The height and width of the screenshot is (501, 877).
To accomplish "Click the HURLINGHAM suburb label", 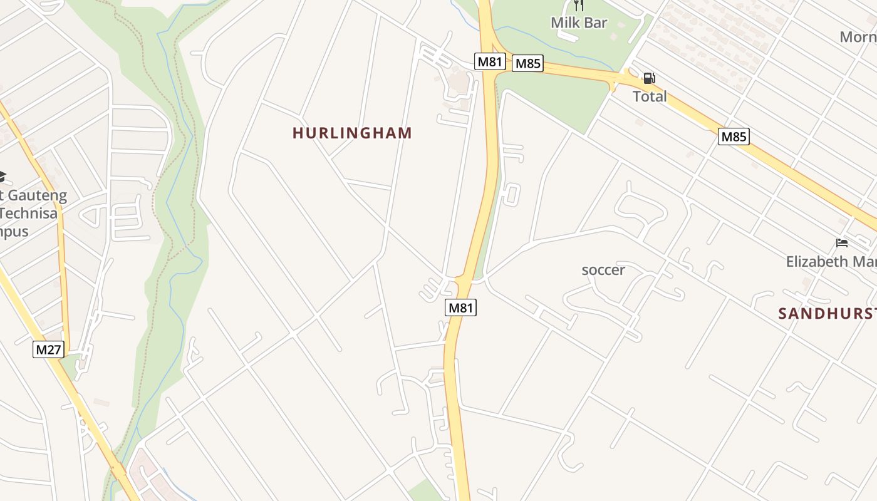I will (x=352, y=133).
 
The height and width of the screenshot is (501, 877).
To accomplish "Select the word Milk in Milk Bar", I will (x=564, y=23).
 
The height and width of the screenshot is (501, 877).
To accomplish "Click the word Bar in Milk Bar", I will (x=595, y=23).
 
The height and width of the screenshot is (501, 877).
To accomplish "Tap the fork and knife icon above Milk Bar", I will (x=578, y=6).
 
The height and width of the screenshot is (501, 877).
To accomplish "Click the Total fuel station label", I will (x=650, y=96).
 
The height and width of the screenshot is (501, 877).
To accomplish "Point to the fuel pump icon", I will (x=650, y=79).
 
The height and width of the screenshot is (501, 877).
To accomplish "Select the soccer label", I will (x=603, y=270).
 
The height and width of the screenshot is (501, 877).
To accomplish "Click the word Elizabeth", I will (x=817, y=261).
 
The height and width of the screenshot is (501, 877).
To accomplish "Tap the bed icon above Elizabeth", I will (x=842, y=243).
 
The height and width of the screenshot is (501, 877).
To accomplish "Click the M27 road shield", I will (x=48, y=349).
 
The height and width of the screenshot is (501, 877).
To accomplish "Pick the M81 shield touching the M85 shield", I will (x=490, y=62).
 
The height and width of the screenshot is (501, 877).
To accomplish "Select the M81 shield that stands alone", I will (x=460, y=307).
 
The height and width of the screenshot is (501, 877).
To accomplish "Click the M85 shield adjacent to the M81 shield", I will (x=527, y=63).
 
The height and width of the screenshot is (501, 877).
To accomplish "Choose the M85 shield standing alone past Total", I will (x=734, y=137).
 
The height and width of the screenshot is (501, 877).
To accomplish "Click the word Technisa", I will (x=29, y=213).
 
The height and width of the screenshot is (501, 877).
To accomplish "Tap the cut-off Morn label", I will (x=858, y=37).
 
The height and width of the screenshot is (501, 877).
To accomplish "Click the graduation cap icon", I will (x=2, y=175).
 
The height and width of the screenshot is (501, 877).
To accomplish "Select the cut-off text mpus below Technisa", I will (x=14, y=231).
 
